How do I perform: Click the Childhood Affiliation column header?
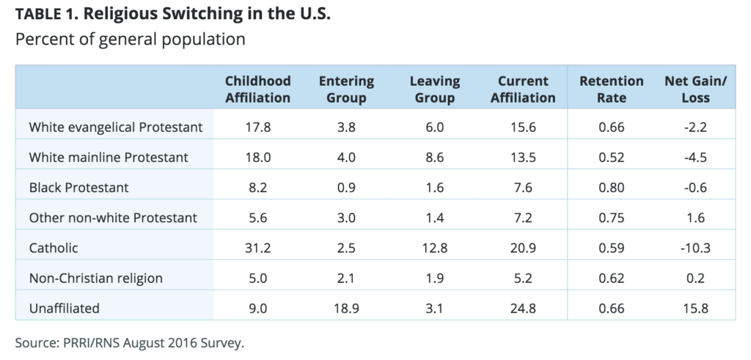coord(257,89)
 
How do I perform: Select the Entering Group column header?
coord(346,89)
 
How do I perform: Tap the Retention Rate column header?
coord(611,89)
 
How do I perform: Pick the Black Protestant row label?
coord(78,188)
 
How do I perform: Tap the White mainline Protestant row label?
coord(109,158)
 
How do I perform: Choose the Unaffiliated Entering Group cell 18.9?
coord(346,308)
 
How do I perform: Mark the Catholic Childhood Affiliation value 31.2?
coord(257,248)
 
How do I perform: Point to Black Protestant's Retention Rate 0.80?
coord(611,188)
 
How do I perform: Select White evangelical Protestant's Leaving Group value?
coord(435,128)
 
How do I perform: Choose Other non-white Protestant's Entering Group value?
coord(346,218)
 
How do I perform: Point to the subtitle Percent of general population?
coord(130,40)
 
